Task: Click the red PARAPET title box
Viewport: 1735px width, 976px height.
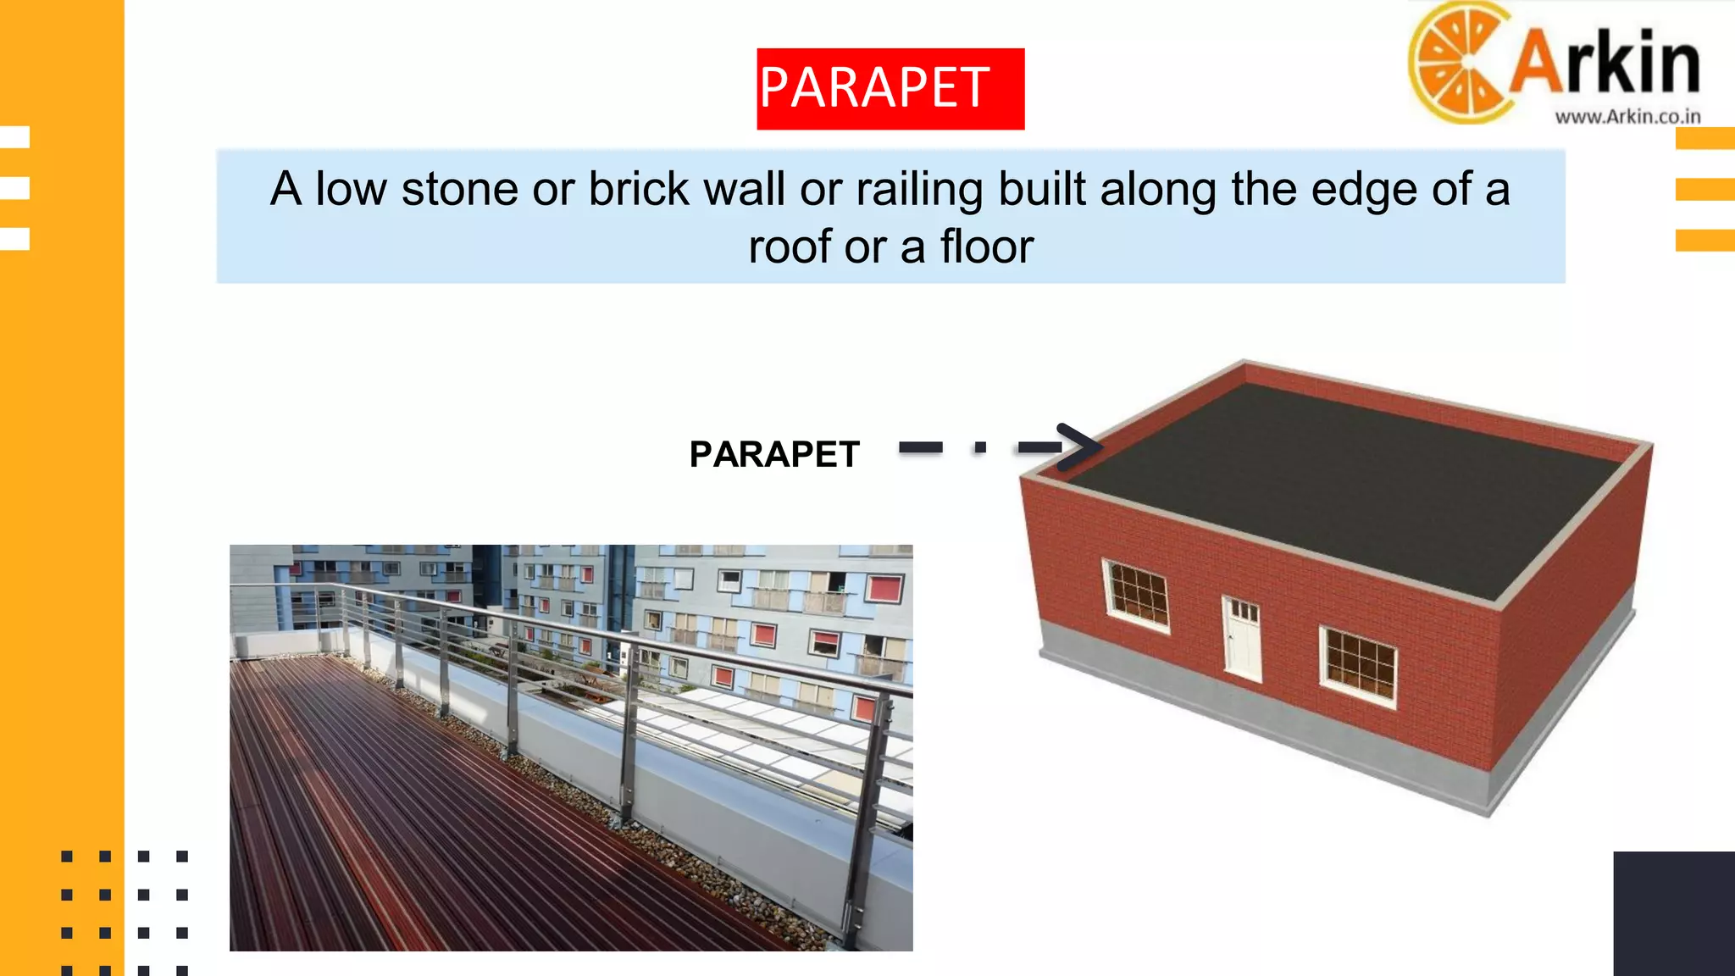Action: click(890, 89)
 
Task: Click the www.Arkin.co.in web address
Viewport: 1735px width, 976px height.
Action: click(1627, 117)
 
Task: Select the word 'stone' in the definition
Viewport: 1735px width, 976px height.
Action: click(459, 189)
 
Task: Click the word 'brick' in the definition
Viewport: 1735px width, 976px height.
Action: click(639, 189)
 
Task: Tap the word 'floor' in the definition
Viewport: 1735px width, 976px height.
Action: click(987, 247)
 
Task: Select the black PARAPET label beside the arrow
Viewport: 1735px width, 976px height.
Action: click(774, 455)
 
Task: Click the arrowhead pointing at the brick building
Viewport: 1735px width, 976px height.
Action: click(1080, 446)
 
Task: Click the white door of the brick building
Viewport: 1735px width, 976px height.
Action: click(1243, 637)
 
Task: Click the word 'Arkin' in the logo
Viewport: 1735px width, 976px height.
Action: click(1605, 64)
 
